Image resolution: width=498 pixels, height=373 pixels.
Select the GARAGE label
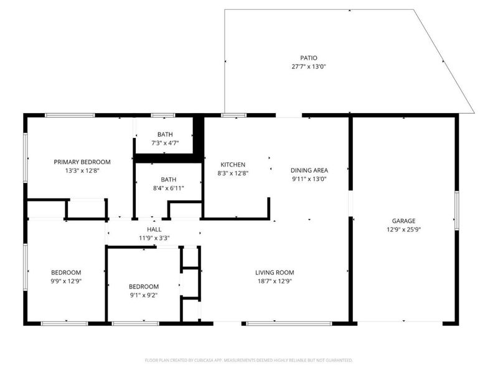click(403, 221)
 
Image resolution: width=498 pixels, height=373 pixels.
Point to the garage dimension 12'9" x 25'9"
click(403, 229)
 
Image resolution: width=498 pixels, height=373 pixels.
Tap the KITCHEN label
click(228, 165)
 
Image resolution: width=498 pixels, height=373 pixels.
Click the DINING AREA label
click(309, 170)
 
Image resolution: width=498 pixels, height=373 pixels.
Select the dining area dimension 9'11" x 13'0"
click(309, 179)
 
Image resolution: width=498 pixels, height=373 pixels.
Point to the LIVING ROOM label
click(275, 272)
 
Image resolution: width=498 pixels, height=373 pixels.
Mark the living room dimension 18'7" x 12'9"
click(275, 281)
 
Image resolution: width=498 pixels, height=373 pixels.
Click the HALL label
click(154, 229)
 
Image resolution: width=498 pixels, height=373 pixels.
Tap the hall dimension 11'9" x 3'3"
click(154, 237)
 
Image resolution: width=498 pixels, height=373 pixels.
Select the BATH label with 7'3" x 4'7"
click(165, 134)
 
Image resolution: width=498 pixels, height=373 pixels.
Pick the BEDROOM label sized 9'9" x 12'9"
click(66, 272)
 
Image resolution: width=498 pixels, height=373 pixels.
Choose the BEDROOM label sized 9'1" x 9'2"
click(143, 287)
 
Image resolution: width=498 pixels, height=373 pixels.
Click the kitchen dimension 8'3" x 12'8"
click(228, 173)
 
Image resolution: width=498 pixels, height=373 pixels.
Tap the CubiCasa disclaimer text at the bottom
click(248, 360)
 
